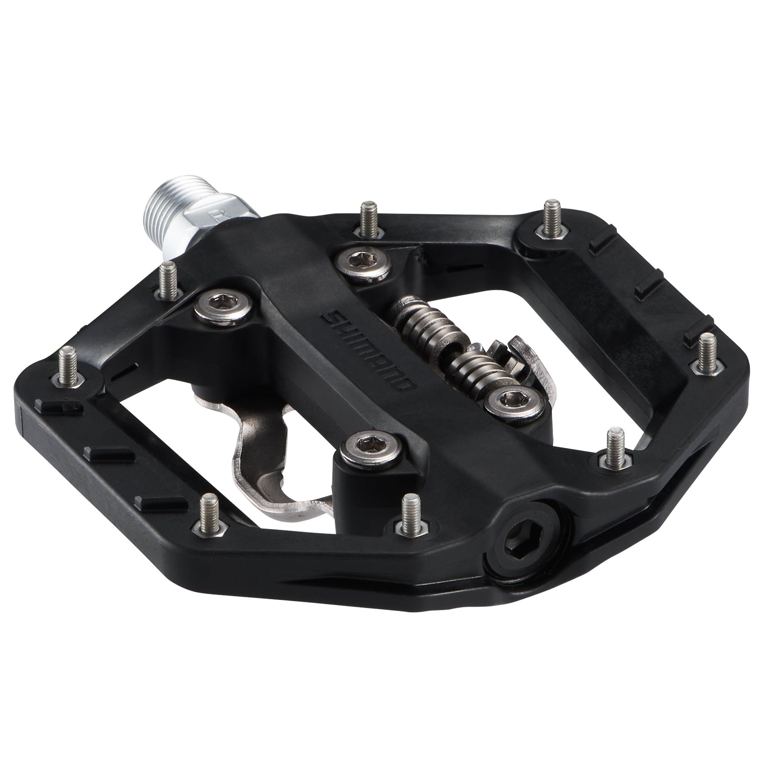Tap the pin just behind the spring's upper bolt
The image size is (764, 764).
(x=370, y=219)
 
